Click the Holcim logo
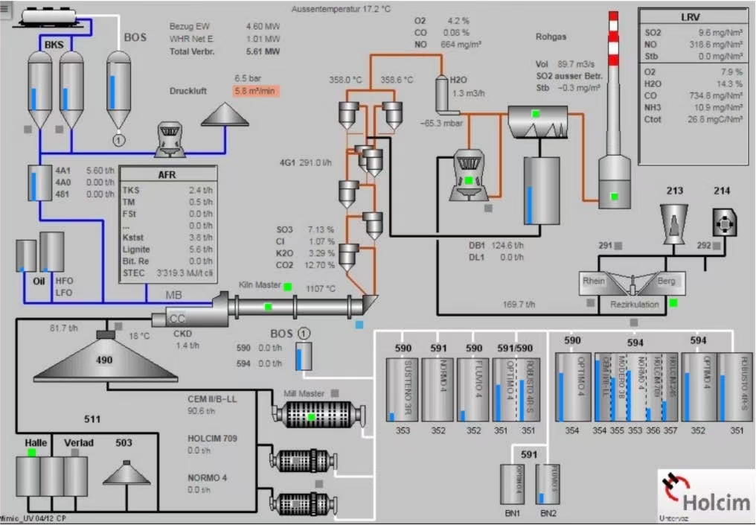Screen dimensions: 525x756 click(704, 493)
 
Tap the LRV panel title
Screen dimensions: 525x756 click(694, 16)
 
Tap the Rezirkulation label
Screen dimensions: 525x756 click(635, 304)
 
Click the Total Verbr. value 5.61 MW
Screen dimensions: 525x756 click(263, 52)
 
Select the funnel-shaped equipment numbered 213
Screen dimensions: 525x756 click(674, 220)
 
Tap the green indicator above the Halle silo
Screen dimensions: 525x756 click(31, 452)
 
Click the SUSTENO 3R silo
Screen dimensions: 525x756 click(402, 389)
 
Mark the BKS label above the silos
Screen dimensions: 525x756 click(54, 45)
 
